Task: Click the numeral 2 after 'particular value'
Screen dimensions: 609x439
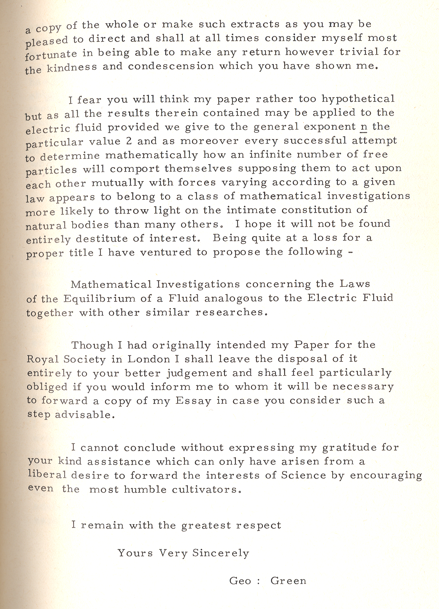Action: tap(129, 141)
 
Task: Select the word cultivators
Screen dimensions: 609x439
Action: tap(205, 490)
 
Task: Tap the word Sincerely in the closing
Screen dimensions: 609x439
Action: tap(221, 553)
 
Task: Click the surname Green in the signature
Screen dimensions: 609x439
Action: tap(288, 581)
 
